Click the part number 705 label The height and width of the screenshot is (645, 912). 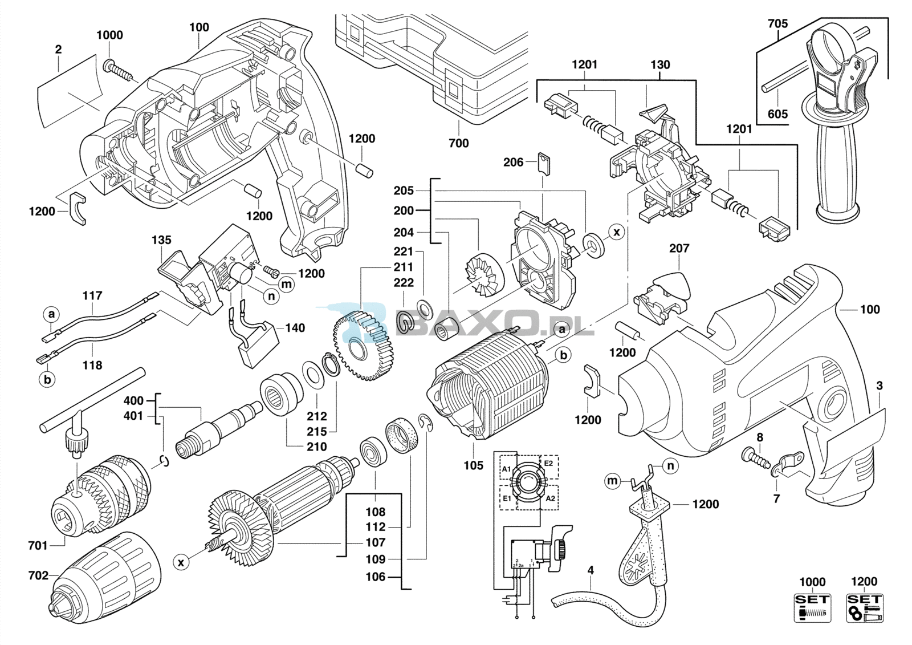tap(778, 24)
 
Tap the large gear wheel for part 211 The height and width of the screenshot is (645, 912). tap(363, 344)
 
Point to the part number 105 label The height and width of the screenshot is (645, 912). tap(474, 465)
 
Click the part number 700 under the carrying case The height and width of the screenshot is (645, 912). tap(459, 143)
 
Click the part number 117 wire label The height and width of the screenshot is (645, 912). tap(92, 295)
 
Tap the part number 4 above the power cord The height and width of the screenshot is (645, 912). tap(591, 571)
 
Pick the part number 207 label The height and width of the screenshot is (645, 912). tap(679, 248)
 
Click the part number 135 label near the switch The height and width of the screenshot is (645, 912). tap(162, 240)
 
